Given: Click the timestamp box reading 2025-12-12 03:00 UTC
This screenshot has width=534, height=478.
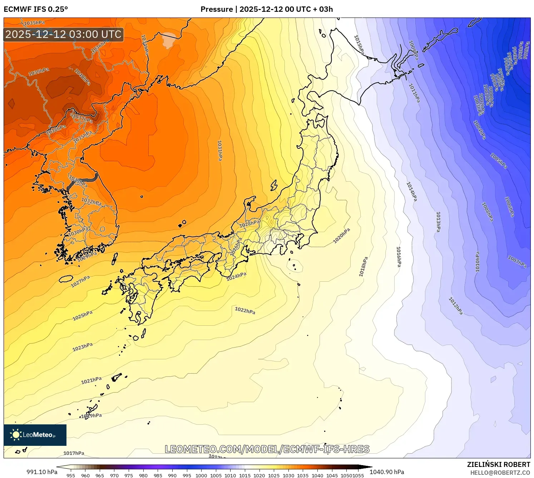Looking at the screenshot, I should [64, 35].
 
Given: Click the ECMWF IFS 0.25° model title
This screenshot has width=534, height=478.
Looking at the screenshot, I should [36, 9].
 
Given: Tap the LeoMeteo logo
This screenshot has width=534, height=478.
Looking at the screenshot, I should [35, 435].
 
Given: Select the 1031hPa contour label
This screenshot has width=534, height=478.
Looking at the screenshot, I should [219, 150].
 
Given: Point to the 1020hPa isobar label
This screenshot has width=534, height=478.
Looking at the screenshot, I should [341, 236].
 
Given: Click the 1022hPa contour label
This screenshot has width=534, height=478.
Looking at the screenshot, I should [245, 310].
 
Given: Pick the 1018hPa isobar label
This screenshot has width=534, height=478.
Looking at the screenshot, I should [363, 266].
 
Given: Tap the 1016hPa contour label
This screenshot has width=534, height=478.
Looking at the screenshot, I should [399, 257].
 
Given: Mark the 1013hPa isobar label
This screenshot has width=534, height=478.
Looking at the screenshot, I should [438, 222].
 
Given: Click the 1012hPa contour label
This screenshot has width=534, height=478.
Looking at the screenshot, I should [455, 306].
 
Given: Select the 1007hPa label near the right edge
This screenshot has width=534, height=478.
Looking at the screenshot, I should [517, 262].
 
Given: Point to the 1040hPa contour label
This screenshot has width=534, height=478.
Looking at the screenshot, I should [82, 77].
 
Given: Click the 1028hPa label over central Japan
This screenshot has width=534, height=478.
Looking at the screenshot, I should [249, 224].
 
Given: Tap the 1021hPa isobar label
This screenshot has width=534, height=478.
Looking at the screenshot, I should [91, 380].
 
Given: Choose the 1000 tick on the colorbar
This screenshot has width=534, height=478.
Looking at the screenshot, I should [201, 475].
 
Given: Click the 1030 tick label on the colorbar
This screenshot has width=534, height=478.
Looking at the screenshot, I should [288, 475].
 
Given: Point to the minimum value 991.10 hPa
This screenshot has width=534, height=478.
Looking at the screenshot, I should [42, 472].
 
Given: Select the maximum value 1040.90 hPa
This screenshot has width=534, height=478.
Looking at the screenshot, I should [387, 472].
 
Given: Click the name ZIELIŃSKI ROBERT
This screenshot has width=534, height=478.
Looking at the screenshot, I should [499, 464].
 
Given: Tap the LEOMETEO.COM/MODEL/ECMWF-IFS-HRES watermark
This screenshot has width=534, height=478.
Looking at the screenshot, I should [267, 449].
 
